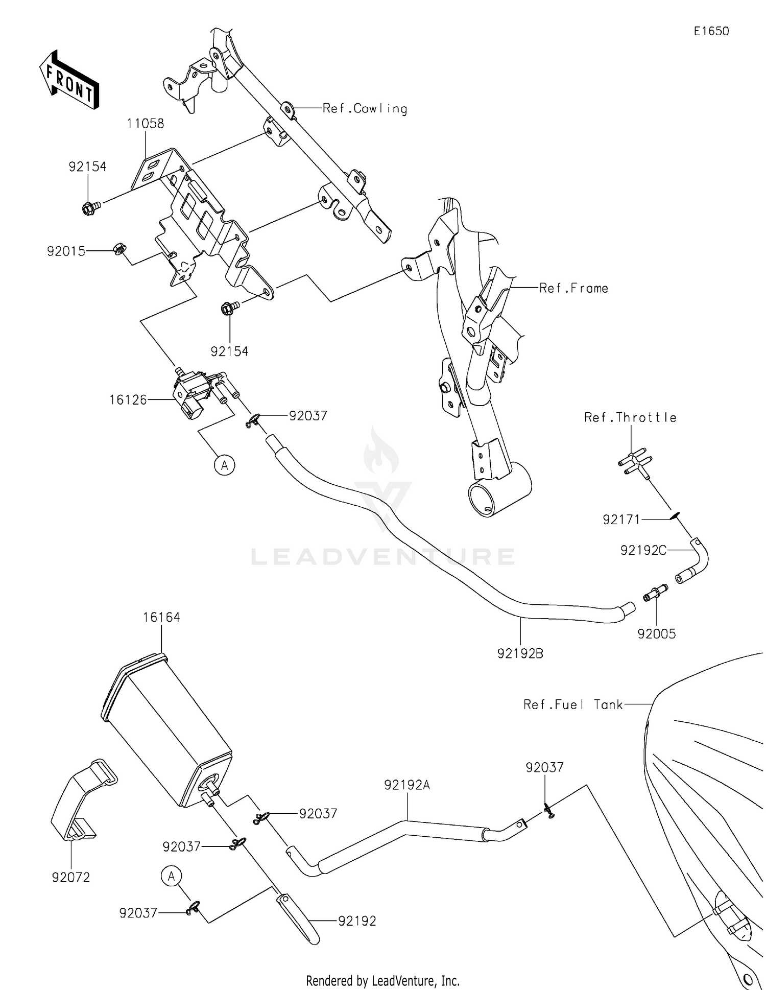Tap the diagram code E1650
[x=711, y=31]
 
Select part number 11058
[x=146, y=124]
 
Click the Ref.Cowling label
[x=365, y=108]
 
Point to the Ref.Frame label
[x=573, y=288]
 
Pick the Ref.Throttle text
[x=630, y=417]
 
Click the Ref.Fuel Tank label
[x=573, y=704]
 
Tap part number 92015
[x=66, y=251]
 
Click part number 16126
[x=128, y=400]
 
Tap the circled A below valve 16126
[x=224, y=465]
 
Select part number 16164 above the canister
[x=161, y=617]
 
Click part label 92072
[x=70, y=877]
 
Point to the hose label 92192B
[x=520, y=653]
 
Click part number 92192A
[x=407, y=785]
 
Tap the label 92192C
[x=643, y=550]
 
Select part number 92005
[x=656, y=633]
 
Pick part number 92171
[x=621, y=520]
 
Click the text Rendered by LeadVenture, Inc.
[x=382, y=980]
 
